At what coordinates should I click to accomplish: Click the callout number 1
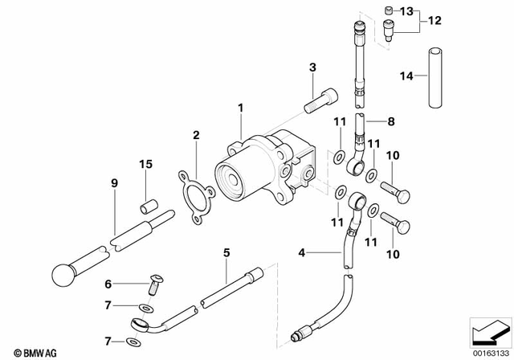coord(239,107)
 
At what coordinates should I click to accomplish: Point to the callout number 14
coord(407,76)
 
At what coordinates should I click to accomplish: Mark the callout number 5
coord(226,252)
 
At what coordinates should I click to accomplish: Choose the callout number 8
coord(391,122)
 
